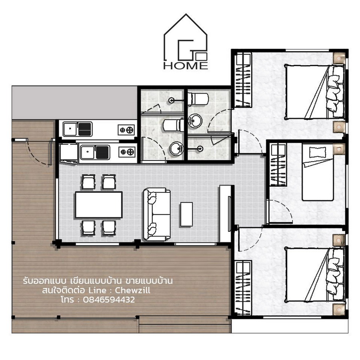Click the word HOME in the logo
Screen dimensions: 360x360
pos(186,66)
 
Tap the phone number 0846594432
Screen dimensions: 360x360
pos(109,300)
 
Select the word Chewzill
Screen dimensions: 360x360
pos(132,290)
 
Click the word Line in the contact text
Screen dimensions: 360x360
pos(97,290)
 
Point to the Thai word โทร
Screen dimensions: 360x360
pos(68,299)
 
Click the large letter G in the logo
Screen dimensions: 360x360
pos(186,49)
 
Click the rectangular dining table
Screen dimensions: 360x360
pos(99,204)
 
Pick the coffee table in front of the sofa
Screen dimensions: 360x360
pos(186,214)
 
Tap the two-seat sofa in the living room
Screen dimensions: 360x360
pos(157,214)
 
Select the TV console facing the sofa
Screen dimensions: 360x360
pos(226,214)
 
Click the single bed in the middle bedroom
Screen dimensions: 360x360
pos(318,172)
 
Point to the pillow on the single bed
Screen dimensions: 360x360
pos(318,152)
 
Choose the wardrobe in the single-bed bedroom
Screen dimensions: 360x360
pos(278,165)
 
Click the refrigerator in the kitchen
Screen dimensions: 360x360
pos(69,153)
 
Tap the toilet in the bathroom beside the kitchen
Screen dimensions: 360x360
pos(174,125)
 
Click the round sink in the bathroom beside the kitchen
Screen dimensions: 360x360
pos(176,149)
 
